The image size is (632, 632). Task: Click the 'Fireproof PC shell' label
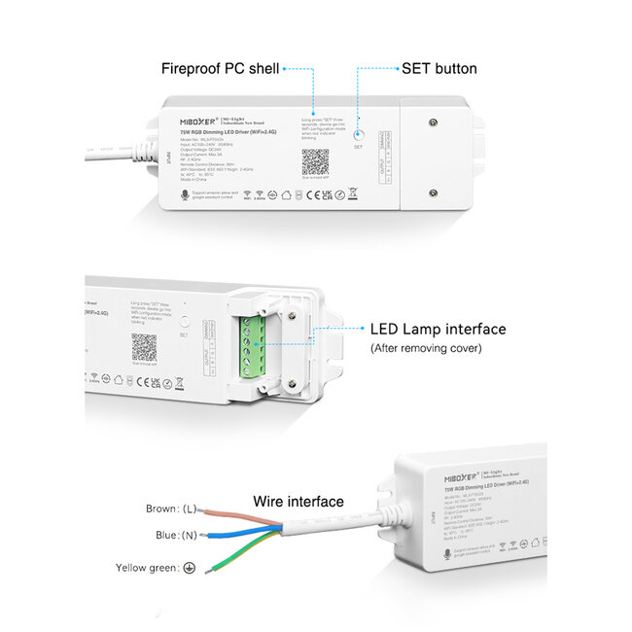coord(220,69)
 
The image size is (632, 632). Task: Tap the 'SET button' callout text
coord(439,69)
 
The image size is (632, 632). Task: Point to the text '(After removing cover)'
coord(425,348)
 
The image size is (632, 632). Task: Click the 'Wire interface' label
coord(298,502)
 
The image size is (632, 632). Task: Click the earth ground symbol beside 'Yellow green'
coord(190,567)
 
